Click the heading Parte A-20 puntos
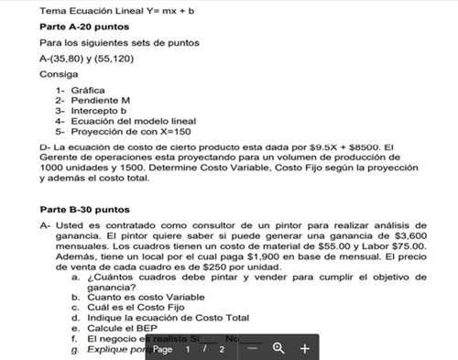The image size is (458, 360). coord(85,27)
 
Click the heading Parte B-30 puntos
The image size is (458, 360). coord(85,209)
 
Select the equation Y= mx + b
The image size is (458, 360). coord(176,10)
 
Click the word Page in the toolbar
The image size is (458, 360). coord(163,350)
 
